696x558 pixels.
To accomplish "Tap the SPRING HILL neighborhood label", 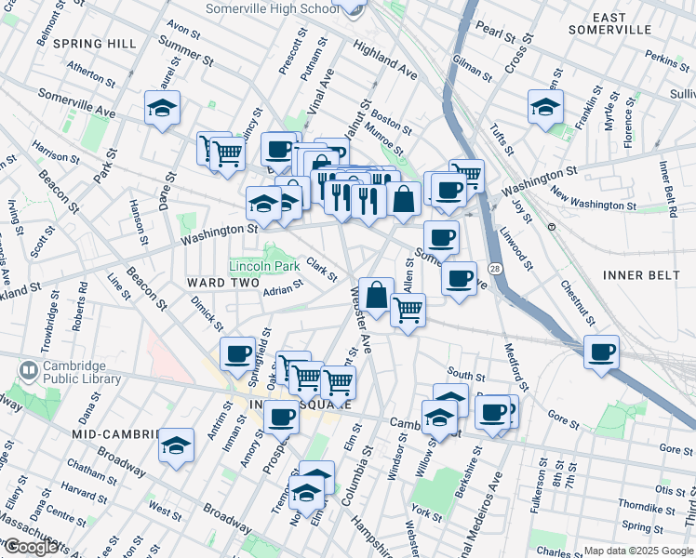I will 95,44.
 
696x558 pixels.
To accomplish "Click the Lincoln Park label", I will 264,266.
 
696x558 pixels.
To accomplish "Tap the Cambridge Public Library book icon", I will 29,372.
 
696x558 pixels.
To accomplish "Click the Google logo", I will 31,547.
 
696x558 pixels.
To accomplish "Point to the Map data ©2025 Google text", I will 637,551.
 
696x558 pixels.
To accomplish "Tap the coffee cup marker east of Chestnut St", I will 602,352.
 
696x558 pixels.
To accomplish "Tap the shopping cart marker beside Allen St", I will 408,310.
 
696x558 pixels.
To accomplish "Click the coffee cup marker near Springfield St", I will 237,353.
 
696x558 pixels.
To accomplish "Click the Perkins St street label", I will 666,60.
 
